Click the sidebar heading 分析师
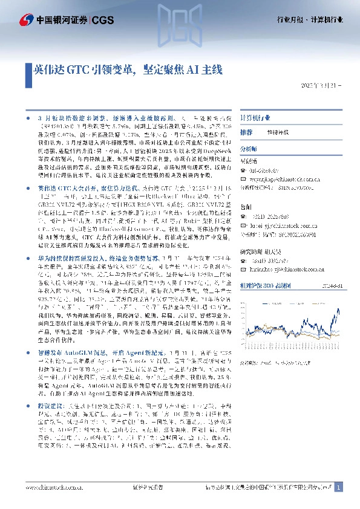(x=249, y=148)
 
